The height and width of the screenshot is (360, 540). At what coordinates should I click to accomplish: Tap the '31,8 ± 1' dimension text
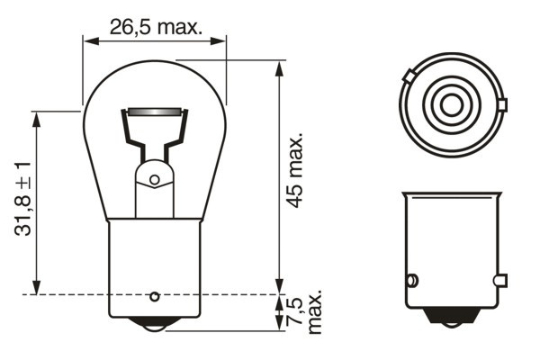(x=23, y=199)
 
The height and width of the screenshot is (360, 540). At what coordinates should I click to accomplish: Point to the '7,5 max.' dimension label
(x=304, y=311)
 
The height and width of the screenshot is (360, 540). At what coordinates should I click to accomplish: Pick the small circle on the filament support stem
(x=154, y=180)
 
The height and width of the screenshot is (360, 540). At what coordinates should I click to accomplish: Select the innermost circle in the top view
(x=450, y=105)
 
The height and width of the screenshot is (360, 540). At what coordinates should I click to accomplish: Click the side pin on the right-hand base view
(x=412, y=280)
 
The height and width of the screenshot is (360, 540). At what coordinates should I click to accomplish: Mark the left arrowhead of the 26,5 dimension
(x=86, y=40)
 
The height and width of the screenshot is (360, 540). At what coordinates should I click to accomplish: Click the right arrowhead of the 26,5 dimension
(x=222, y=40)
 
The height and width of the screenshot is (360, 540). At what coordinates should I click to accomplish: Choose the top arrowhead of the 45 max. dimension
(x=279, y=66)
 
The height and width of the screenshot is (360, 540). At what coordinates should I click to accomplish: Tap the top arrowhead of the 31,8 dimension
(x=36, y=116)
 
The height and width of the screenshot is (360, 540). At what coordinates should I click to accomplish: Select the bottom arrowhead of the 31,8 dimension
(x=36, y=289)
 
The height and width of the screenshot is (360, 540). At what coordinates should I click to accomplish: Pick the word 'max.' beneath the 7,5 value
(x=314, y=311)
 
